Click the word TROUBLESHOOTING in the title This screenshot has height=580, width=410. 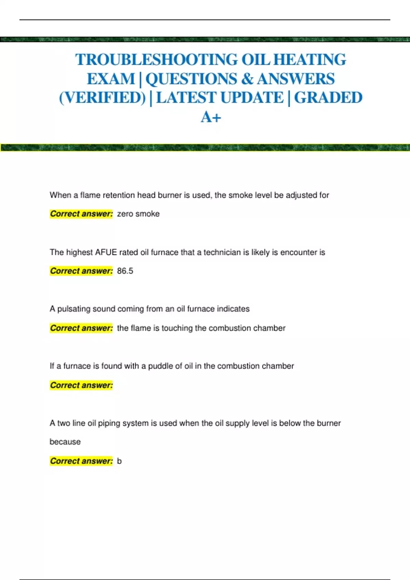[156, 60]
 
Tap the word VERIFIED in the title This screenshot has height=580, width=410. [102, 98]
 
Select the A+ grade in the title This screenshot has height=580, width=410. [211, 117]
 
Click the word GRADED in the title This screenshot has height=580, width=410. [328, 98]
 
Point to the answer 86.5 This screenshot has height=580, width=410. [125, 271]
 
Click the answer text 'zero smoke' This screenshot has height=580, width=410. [138, 214]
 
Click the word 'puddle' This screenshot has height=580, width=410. [160, 366]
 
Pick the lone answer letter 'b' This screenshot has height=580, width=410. [119, 461]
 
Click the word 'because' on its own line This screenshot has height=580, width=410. [65, 442]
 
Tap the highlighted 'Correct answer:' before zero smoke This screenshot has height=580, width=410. [81, 214]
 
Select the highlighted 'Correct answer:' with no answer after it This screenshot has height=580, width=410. [81, 385]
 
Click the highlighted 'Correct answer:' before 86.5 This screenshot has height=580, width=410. [81, 271]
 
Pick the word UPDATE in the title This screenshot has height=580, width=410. [252, 98]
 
